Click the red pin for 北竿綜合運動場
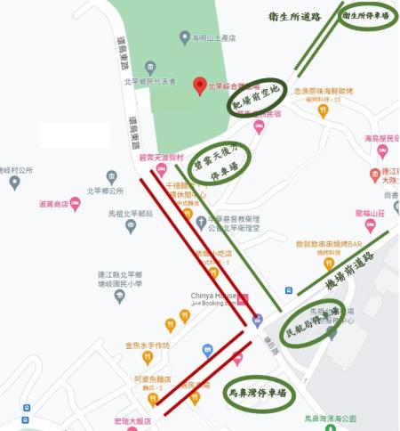[200, 85]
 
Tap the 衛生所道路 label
[294, 17]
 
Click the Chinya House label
[212, 296]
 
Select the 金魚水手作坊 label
[147, 345]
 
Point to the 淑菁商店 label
[54, 204]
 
